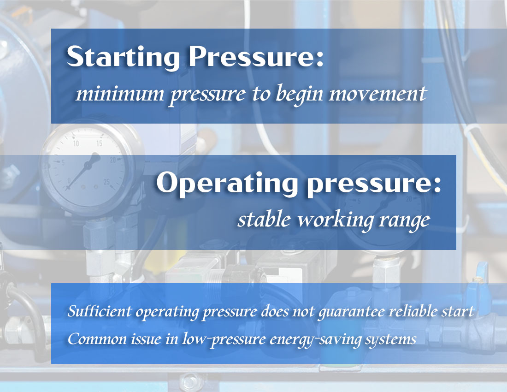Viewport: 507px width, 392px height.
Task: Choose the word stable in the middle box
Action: [x=264, y=220]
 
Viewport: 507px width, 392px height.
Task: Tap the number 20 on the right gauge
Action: [x=408, y=199]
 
